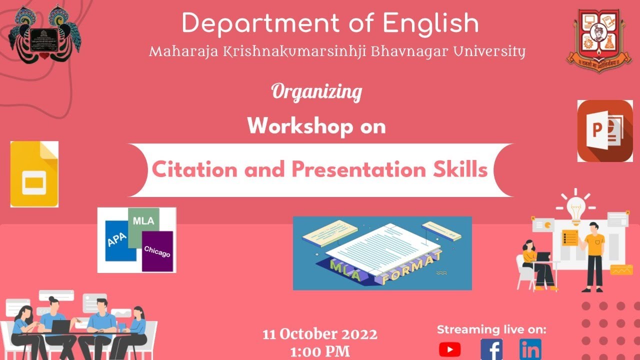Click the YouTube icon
[x=449, y=349]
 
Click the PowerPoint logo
[x=605, y=131]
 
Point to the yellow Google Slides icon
[x=34, y=174]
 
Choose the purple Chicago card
[x=157, y=251]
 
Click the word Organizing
[x=316, y=92]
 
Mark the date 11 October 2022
[x=320, y=334]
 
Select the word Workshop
[x=296, y=126]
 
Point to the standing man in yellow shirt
[x=593, y=255]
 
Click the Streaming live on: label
[x=491, y=329]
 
